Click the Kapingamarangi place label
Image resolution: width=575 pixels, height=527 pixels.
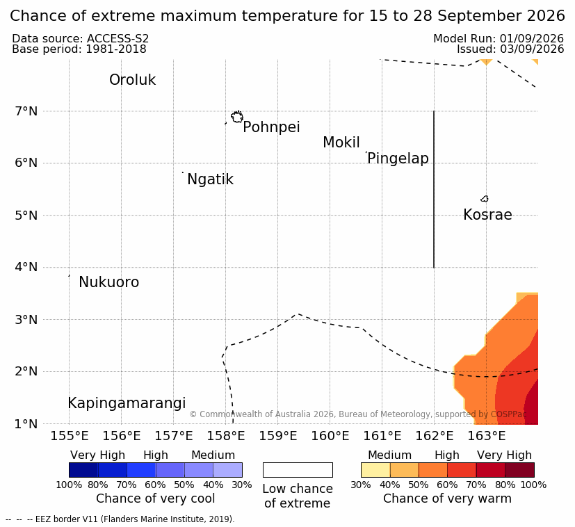click(x=127, y=403)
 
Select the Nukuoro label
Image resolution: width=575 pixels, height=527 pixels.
click(x=109, y=282)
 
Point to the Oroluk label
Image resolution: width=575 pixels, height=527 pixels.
click(x=132, y=80)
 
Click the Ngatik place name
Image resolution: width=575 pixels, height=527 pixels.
click(x=210, y=179)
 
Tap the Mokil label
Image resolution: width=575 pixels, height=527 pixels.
click(x=341, y=143)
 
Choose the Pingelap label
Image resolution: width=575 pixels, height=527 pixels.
click(x=398, y=159)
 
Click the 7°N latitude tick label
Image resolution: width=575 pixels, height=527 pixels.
click(x=26, y=111)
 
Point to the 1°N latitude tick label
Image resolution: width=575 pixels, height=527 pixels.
click(x=26, y=424)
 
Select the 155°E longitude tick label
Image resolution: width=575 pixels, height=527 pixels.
click(x=70, y=436)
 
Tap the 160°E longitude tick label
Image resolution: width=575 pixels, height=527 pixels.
click(x=330, y=436)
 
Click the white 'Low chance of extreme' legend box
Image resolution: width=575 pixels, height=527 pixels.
click(x=298, y=470)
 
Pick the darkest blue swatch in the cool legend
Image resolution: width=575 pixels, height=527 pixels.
click(x=83, y=470)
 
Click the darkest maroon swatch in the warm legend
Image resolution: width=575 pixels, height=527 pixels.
click(x=519, y=470)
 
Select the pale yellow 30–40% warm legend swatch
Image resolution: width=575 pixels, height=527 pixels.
click(x=375, y=470)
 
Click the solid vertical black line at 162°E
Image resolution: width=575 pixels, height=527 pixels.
click(x=434, y=189)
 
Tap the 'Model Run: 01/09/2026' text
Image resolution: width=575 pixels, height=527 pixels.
click(x=499, y=38)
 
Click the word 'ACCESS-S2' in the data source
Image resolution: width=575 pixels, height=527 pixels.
click(x=118, y=38)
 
